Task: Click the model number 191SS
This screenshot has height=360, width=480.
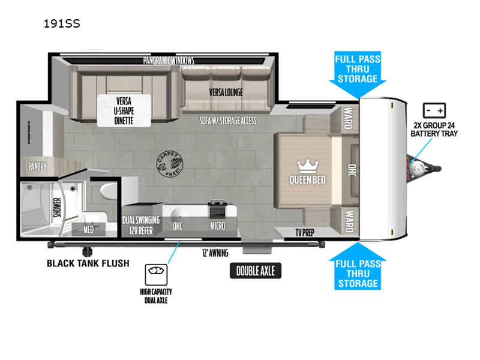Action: (x=62, y=23)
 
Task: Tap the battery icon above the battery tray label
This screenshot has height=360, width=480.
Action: (x=434, y=110)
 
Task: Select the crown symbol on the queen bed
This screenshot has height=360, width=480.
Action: (x=308, y=166)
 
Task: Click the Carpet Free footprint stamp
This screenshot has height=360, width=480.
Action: (x=170, y=164)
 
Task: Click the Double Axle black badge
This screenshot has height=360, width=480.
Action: (x=256, y=271)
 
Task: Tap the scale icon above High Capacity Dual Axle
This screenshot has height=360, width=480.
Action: (x=156, y=275)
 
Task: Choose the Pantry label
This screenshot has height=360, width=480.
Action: (x=37, y=166)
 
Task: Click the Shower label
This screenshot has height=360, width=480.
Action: (x=57, y=207)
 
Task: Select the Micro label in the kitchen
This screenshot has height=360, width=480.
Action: (x=218, y=226)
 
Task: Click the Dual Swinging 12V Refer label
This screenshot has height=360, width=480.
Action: (x=141, y=225)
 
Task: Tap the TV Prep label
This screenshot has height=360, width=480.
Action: (x=305, y=233)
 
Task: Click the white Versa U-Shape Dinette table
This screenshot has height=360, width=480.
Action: (x=124, y=110)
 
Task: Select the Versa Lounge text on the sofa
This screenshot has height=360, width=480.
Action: (x=226, y=92)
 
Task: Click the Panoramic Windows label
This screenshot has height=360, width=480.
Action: (x=169, y=61)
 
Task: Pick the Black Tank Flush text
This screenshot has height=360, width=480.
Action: (x=88, y=263)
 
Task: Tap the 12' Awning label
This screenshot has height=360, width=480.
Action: (x=215, y=253)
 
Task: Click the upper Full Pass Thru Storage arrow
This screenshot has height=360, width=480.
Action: (x=358, y=74)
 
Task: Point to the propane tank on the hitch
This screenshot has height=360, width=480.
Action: (x=416, y=167)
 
